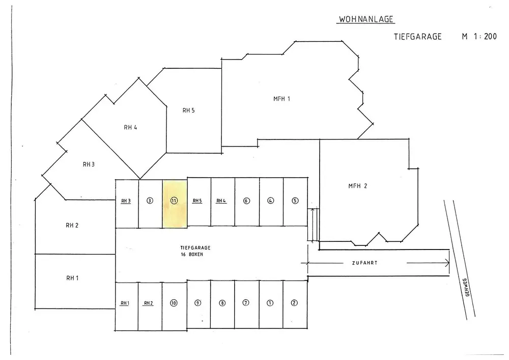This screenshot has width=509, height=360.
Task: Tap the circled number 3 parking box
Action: pos(150,201)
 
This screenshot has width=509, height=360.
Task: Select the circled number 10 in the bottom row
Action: pos(174,303)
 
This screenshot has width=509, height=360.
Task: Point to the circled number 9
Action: pos(198,303)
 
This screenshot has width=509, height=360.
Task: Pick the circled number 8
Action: pos(222,303)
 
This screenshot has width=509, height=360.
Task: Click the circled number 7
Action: pos(246,303)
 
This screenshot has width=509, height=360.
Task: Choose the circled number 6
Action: pos(246,201)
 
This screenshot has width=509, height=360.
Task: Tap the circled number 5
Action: pos(295,201)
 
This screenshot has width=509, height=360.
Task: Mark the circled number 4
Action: pos(271,201)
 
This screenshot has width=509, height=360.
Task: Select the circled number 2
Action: pos(294,303)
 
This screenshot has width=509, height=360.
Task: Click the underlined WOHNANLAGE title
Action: pos(366,20)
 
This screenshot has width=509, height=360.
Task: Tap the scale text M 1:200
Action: pos(479,37)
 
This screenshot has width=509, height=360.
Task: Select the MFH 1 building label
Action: pos(281,99)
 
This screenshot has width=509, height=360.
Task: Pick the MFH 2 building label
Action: pos(357,186)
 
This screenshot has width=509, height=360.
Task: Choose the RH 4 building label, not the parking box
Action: pos(130,128)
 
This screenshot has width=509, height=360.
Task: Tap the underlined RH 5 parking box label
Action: pos(197,201)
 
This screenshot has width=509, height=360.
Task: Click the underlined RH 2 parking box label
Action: pos(149,303)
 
